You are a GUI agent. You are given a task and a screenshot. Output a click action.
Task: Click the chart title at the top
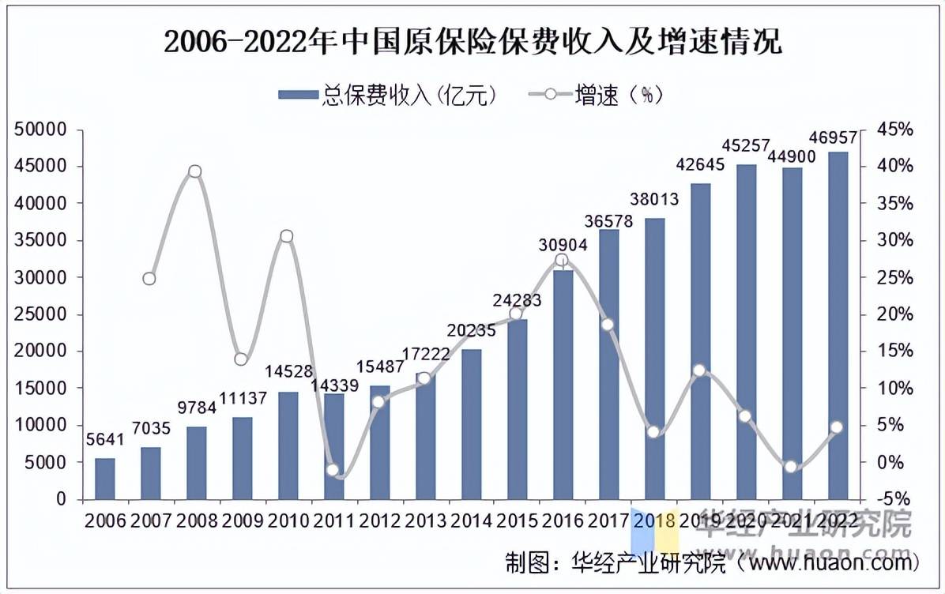coord(472,42)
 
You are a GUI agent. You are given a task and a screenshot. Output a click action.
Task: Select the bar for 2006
coord(104,479)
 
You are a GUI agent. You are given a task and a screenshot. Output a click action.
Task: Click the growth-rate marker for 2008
coord(195,171)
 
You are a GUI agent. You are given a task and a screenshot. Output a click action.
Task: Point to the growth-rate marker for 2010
coord(287,236)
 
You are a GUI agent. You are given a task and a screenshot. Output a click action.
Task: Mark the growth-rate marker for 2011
coord(333,470)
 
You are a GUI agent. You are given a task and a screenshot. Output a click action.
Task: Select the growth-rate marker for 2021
coord(791,467)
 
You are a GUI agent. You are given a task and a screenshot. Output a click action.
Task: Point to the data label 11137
coord(242,398)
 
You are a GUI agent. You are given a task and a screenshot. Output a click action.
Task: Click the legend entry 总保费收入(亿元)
coord(387,96)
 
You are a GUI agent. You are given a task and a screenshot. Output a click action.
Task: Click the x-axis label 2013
coord(425,521)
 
